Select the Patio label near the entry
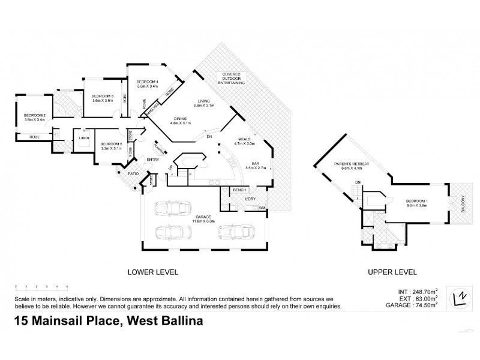(x=133, y=174)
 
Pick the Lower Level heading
(x=153, y=272)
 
